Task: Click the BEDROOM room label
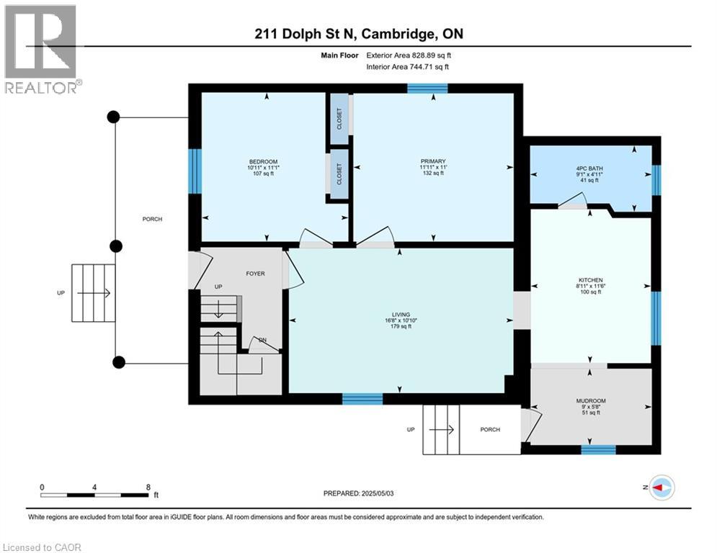click(x=263, y=161)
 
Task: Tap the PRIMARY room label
click(x=433, y=161)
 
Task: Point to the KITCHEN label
click(x=589, y=280)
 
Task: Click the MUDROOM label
click(x=590, y=400)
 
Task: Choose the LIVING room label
click(x=401, y=315)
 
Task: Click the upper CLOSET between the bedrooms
click(x=339, y=118)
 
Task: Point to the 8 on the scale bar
click(x=148, y=487)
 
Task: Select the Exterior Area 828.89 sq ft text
click(x=409, y=55)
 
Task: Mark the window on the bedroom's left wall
click(x=194, y=171)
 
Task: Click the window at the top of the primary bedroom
click(x=427, y=89)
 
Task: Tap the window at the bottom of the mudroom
click(x=598, y=450)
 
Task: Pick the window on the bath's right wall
click(x=656, y=180)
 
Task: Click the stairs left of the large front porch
click(x=93, y=293)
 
